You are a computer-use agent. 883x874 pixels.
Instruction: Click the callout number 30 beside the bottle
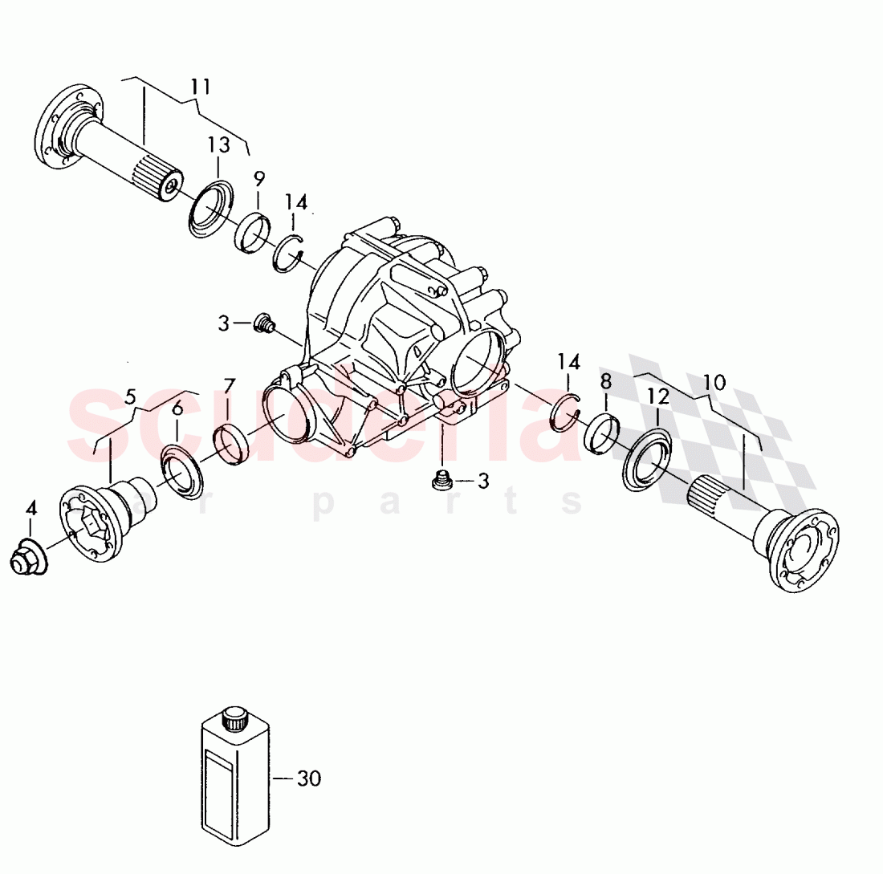(x=308, y=778)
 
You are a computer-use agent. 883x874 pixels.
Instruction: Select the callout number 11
(x=200, y=85)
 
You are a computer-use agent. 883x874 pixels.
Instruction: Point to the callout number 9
(x=258, y=178)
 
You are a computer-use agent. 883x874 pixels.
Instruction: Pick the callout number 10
(x=714, y=382)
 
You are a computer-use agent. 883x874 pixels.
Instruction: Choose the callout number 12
(x=658, y=395)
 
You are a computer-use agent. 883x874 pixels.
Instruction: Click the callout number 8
(x=605, y=380)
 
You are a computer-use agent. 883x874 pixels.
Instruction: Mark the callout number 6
(x=177, y=408)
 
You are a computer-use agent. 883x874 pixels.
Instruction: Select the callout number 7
(x=229, y=388)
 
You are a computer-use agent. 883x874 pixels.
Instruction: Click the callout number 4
(x=31, y=507)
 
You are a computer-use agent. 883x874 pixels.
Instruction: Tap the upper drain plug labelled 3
(x=262, y=324)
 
